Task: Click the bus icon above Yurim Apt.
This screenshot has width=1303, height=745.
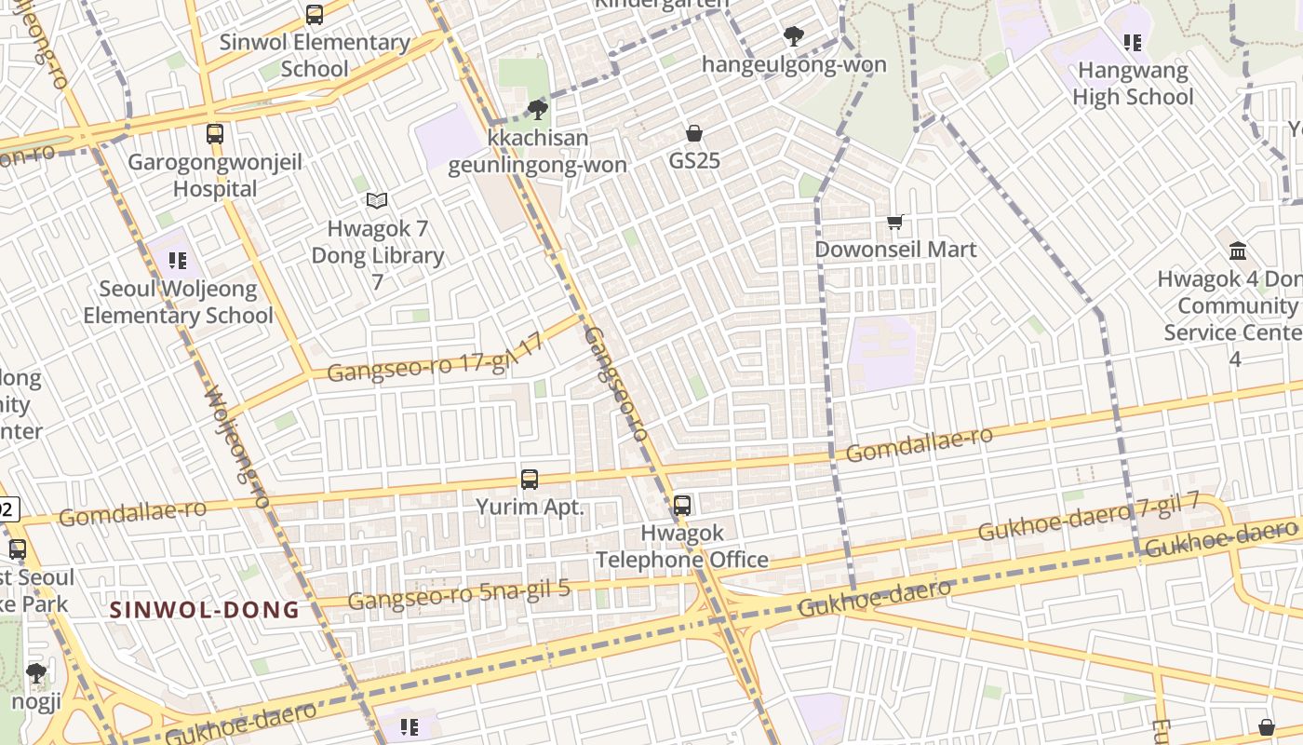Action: [530, 480]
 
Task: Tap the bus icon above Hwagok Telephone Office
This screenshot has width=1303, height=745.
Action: [682, 506]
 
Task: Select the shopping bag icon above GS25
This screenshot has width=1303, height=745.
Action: [693, 133]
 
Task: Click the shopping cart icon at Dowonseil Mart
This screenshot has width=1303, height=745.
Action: [895, 222]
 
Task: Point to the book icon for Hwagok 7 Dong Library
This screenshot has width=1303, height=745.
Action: [376, 200]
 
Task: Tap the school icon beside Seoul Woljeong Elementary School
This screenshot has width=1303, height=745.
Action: [178, 261]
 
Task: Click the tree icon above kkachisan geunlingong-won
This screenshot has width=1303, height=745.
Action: [537, 110]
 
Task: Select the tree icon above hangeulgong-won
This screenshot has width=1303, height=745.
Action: [793, 37]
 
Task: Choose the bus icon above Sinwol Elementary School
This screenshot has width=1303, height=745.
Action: [315, 15]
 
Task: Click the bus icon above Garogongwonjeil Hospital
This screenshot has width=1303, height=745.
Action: [215, 133]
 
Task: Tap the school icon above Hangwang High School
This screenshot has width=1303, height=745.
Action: [1132, 42]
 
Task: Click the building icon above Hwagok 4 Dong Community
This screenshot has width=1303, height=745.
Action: [1238, 251]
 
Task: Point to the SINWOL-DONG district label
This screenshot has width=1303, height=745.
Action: [205, 611]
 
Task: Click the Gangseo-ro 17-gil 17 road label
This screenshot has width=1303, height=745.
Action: [436, 359]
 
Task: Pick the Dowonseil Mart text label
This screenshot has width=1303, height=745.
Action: [895, 250]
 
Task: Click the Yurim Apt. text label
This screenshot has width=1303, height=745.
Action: [530, 508]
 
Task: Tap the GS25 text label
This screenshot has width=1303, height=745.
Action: [694, 161]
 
